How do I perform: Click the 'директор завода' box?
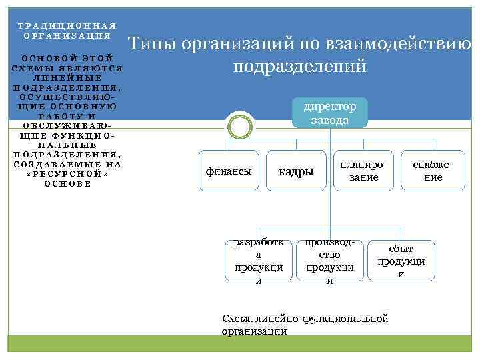pyautogui.click(x=330, y=113)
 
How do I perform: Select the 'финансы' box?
pyautogui.click(x=229, y=171)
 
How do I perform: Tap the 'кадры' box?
pyautogui.click(x=295, y=172)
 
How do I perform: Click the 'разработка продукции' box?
pyautogui.click(x=259, y=261)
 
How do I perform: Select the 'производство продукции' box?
pyautogui.click(x=329, y=261)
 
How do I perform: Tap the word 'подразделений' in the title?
pyautogui.click(x=299, y=67)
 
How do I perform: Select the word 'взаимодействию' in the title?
pyautogui.click(x=407, y=45)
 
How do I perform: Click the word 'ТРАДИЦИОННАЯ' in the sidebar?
pyautogui.click(x=67, y=25)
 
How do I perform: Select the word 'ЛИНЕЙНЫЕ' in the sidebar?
pyautogui.click(x=67, y=77)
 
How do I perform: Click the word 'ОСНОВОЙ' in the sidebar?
pyautogui.click(x=46, y=59)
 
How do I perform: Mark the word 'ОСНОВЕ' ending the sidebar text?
pyautogui.click(x=67, y=184)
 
